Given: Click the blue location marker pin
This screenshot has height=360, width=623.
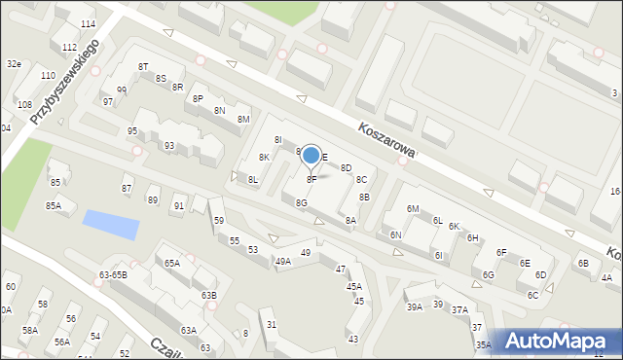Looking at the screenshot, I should pyautogui.click(x=311, y=156).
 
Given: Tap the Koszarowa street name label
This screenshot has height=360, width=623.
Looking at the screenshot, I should pyautogui.click(x=386, y=140).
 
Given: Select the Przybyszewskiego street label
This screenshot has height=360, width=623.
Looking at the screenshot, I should pyautogui.click(x=65, y=82).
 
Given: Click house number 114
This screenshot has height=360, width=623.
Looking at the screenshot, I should pyautogui.click(x=89, y=23).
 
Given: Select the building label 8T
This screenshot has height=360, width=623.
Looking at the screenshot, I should pyautogui.click(x=143, y=66).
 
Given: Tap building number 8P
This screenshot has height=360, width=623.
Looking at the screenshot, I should pyautogui.click(x=198, y=98).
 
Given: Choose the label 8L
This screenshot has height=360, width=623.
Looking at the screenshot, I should pyautogui.click(x=253, y=179).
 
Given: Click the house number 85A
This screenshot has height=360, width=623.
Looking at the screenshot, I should pyautogui.click(x=54, y=205).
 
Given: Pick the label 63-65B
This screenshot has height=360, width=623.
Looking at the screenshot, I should pyautogui.click(x=113, y=274).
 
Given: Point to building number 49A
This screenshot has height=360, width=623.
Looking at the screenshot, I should pyautogui.click(x=282, y=261).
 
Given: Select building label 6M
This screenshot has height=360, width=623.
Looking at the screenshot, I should pyautogui.click(x=413, y=209).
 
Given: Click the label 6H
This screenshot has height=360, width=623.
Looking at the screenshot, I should pyautogui.click(x=472, y=237).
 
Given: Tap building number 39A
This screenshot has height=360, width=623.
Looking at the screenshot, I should pyautogui.click(x=415, y=306).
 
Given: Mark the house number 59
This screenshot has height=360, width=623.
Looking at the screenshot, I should pyautogui.click(x=219, y=221).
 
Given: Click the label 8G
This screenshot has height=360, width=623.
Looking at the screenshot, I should pyautogui.click(x=302, y=201).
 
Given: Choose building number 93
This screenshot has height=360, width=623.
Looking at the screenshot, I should pyautogui.click(x=169, y=146).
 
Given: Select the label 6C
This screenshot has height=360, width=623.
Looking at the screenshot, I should pyautogui.click(x=532, y=295).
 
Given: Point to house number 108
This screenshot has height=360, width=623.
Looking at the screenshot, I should pyautogui.click(x=25, y=104).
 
